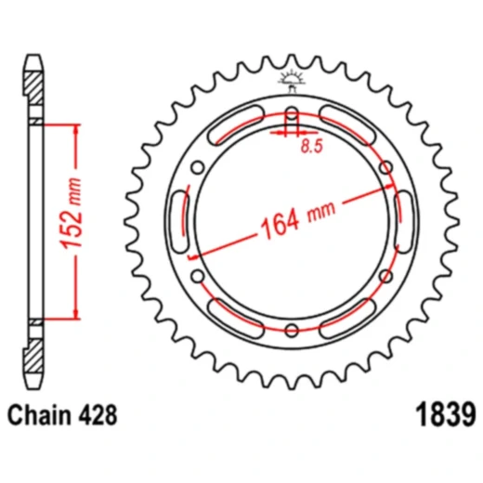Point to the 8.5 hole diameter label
click(306, 146)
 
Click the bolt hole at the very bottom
click(293, 331)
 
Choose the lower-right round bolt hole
click(385, 278)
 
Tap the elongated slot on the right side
click(404, 224)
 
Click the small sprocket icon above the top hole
click(293, 79)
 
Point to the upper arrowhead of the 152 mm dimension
click(71, 127)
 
